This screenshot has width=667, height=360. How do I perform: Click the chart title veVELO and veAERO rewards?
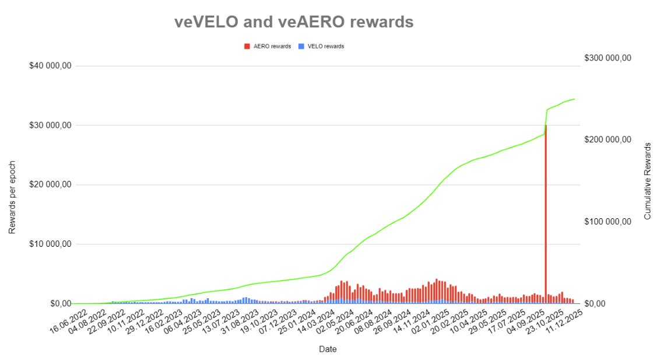coord(294,22)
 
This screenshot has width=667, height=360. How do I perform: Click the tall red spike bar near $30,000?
coord(546,210)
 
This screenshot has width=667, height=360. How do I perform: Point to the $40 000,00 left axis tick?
coord(50,66)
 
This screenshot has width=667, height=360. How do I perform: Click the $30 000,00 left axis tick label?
coord(50,125)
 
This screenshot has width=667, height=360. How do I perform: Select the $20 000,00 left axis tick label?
coord(50,185)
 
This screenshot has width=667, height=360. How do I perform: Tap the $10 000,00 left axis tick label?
coord(50,244)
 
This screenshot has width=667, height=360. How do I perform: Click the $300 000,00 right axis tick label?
coord(608,58)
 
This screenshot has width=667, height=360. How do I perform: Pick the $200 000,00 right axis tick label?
coord(608,139)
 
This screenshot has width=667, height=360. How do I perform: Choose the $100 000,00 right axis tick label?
coord(608,222)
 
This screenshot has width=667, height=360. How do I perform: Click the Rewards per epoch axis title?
coord(12,197)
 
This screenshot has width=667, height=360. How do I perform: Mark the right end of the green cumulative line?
coord(575,99)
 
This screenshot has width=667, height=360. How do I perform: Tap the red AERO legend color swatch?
coord(247,46)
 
